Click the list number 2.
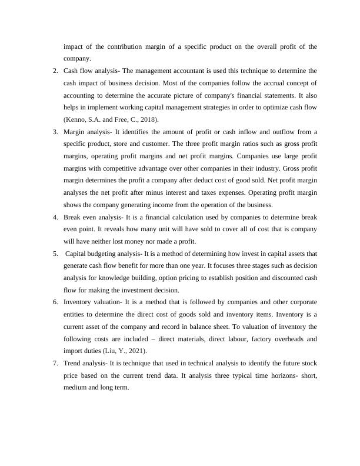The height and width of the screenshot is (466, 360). pos(55,71)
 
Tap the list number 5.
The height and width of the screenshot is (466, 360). pos(55,254)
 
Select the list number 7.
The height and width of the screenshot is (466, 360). pos(55,363)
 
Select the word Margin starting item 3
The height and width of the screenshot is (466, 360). pos(75,132)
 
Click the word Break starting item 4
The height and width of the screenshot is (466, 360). pos(73,217)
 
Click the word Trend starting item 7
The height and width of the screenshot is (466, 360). pos(73,363)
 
